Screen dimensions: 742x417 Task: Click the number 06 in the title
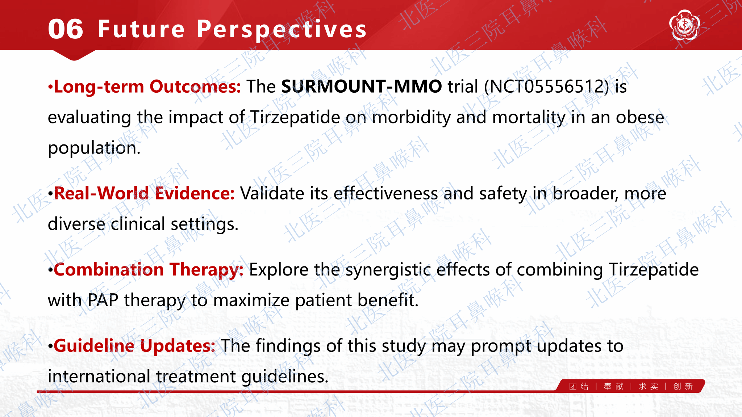click(x=66, y=29)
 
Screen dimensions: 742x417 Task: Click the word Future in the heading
click(x=141, y=29)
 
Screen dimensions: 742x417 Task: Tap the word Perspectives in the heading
click(x=282, y=30)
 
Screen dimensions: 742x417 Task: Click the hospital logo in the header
click(x=684, y=25)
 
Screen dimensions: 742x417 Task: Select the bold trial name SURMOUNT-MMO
click(x=362, y=87)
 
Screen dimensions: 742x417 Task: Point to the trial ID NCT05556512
click(x=546, y=87)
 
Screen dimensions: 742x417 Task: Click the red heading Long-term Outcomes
click(x=147, y=87)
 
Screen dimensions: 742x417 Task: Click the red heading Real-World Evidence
click(x=144, y=193)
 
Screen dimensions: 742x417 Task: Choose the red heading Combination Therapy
click(x=149, y=270)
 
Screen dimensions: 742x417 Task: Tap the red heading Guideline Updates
click(x=134, y=346)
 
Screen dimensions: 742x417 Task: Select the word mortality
click(x=529, y=118)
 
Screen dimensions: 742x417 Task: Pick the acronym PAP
click(x=103, y=300)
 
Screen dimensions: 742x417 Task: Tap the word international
click(x=99, y=376)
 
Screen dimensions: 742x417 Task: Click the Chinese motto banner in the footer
click(x=631, y=386)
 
